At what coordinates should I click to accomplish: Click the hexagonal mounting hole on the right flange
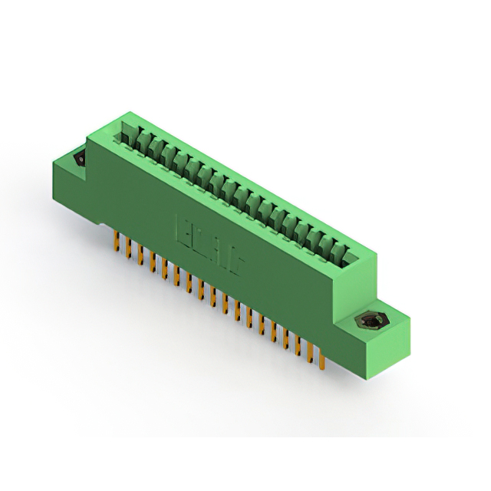point(371,320)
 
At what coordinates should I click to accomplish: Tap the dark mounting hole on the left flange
point(77,160)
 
